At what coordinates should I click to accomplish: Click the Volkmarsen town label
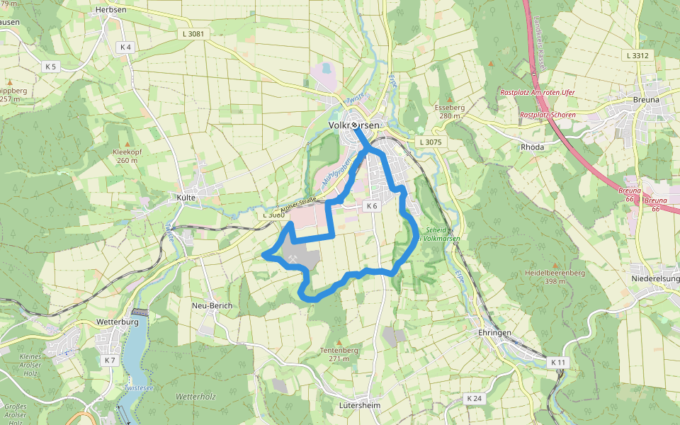[354, 125]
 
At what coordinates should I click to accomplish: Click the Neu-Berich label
[212, 305]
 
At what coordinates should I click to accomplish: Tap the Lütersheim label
[361, 405]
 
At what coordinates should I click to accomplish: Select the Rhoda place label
[532, 147]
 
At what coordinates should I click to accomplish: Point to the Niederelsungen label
[655, 279]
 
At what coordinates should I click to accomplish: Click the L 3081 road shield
[193, 33]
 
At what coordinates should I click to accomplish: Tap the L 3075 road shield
[430, 142]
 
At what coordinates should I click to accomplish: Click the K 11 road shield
[559, 362]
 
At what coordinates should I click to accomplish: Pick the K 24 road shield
[474, 399]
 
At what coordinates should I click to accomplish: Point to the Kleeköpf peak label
[127, 152]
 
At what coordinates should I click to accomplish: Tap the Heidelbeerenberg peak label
[555, 273]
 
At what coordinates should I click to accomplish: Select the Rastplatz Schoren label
[548, 115]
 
